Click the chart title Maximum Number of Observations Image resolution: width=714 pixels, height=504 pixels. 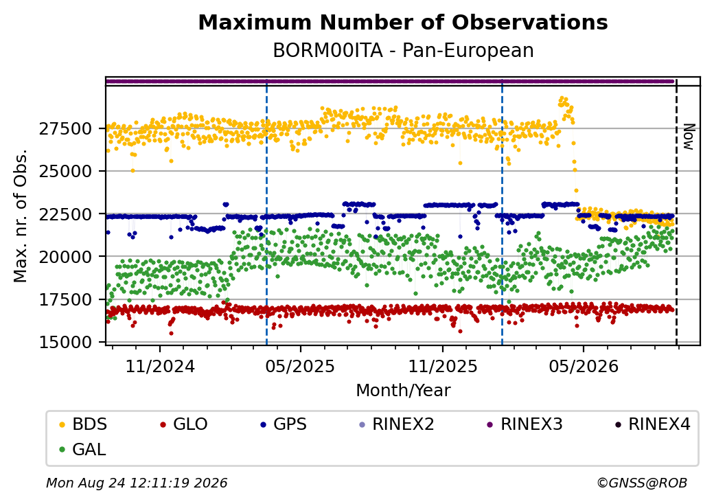(403, 22)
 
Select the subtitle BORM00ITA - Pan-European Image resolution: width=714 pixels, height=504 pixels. (403, 51)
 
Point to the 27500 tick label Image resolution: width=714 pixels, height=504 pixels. (66, 129)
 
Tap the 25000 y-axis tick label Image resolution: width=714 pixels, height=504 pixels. (66, 171)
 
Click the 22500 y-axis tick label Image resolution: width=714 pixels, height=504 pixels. (66, 214)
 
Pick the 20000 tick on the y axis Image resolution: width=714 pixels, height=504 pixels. (66, 257)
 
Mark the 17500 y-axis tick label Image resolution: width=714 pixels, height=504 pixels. (66, 299)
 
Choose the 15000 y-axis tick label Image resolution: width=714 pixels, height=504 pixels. (66, 342)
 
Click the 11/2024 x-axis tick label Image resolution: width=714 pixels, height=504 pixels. (160, 366)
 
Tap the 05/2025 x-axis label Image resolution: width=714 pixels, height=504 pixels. (300, 366)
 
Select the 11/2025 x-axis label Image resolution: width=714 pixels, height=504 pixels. (443, 366)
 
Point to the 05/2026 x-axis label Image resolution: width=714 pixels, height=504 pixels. (584, 366)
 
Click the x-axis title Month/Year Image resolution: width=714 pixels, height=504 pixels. (403, 390)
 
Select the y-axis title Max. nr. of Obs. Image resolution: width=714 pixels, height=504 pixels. (21, 216)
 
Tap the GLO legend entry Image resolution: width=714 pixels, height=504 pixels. (184, 424)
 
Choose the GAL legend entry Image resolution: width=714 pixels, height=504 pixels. (83, 449)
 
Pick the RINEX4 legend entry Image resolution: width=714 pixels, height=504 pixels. (652, 424)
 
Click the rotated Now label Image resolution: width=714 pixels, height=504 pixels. (689, 137)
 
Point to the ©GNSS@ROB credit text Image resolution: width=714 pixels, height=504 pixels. (642, 483)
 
